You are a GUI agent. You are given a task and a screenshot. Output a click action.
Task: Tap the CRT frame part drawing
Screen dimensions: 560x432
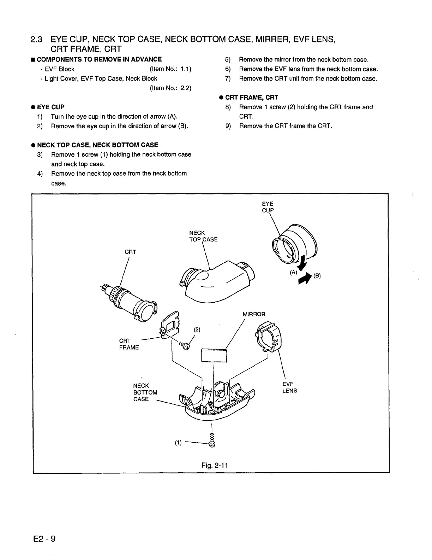coord(169,323)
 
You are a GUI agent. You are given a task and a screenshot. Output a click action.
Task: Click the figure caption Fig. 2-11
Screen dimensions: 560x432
coord(215,465)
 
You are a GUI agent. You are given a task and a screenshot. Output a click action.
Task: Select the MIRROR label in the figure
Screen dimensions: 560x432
coord(254,314)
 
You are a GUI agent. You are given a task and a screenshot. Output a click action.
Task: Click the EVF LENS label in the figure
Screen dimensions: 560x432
coord(289,387)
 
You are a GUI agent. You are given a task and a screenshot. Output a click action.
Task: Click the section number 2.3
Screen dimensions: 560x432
coord(37,39)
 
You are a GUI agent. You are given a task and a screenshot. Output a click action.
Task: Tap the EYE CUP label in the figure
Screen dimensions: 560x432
coord(268,207)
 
